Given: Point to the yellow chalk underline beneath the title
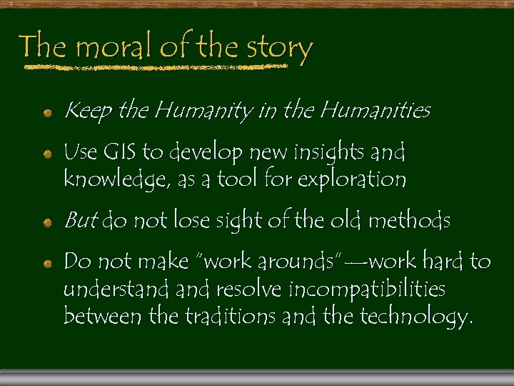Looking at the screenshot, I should [153, 69].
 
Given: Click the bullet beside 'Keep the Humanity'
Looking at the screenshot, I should [46, 113].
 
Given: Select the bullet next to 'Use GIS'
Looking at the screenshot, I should [46, 154].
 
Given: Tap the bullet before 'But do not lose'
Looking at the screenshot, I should [46, 224].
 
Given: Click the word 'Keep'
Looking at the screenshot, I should [89, 112].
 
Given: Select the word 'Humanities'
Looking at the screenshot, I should [376, 111].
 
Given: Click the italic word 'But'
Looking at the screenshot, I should [80, 222].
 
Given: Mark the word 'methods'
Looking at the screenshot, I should [409, 222].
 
